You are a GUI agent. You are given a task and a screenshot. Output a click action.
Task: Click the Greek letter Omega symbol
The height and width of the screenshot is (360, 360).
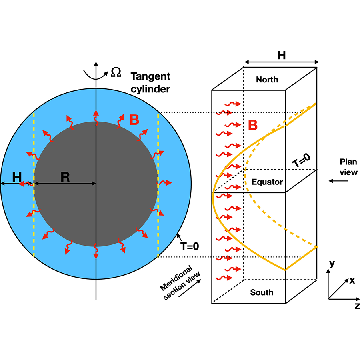[x=116, y=72]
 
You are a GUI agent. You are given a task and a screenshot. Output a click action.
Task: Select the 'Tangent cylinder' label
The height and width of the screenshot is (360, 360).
[x=151, y=82]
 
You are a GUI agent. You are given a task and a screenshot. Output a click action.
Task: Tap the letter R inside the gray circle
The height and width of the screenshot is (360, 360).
[x=65, y=177]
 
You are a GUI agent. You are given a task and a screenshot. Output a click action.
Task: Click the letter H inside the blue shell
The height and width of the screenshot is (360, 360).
[x=17, y=177]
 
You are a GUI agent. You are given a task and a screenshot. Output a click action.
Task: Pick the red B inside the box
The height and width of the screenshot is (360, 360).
[x=253, y=125]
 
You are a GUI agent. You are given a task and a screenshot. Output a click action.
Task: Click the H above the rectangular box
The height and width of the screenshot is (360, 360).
[x=282, y=55]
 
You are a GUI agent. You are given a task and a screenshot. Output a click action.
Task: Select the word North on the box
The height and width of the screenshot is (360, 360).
[x=267, y=79]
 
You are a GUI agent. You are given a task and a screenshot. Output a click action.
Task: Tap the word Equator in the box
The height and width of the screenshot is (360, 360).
[x=267, y=182]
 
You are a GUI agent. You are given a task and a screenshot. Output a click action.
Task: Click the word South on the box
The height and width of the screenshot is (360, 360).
[x=262, y=292]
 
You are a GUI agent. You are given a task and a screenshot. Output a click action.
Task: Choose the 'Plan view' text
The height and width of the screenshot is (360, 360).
[x=348, y=167]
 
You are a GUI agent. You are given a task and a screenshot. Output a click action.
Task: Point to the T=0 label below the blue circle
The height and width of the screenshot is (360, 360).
[x=190, y=246]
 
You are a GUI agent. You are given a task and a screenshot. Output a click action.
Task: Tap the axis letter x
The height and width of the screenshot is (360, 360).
[x=352, y=280]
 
